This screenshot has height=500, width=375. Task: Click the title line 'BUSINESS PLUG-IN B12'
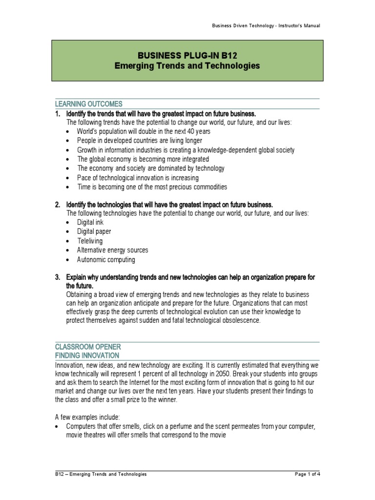click(187, 55)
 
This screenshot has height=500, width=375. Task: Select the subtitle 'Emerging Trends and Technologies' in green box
click(187, 65)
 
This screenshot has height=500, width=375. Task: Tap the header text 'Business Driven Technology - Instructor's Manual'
click(266, 26)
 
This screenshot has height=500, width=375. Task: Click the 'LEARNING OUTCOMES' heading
click(88, 104)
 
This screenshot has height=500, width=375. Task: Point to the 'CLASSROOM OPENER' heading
click(86, 346)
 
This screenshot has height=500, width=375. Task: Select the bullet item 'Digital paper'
click(94, 231)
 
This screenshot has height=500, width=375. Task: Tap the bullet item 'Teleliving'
click(90, 241)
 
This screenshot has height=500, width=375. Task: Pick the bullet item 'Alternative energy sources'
click(112, 250)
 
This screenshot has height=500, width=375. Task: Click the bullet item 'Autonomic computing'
click(106, 260)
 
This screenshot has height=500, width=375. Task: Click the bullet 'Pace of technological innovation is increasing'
click(138, 178)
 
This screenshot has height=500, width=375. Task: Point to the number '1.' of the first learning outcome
click(58, 113)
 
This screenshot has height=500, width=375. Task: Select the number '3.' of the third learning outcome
click(58, 277)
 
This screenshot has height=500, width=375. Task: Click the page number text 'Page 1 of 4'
click(305, 474)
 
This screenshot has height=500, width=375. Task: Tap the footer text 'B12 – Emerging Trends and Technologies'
click(101, 474)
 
